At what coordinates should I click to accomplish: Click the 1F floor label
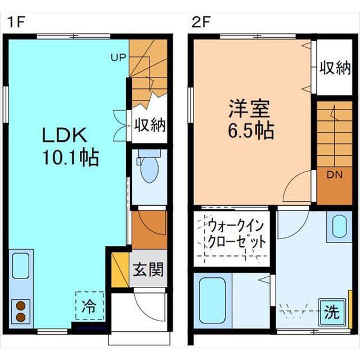(16, 22)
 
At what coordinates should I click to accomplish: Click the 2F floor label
(201, 22)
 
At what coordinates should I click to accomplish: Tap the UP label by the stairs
(119, 57)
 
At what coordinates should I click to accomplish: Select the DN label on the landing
(335, 175)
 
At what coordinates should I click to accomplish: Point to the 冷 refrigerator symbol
(89, 305)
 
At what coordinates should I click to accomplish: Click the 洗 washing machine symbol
(332, 312)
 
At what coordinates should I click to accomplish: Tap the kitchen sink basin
(21, 265)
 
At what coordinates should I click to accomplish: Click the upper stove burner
(21, 306)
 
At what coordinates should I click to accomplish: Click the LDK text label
(65, 135)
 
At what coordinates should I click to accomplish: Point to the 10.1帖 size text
(71, 157)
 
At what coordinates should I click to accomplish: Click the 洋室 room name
(249, 109)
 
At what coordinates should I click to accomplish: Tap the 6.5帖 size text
(251, 131)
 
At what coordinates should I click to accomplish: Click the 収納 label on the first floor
(150, 125)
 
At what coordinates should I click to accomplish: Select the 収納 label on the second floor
(335, 68)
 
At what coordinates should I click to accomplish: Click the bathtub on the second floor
(212, 300)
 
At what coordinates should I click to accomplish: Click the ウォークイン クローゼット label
(237, 234)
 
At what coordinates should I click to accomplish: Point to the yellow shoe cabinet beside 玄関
(120, 270)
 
